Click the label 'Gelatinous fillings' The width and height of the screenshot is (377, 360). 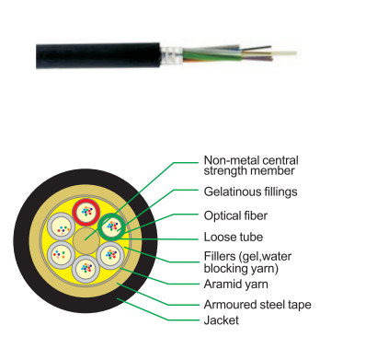click(x=250, y=192)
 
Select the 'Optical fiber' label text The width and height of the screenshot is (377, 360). click(x=235, y=215)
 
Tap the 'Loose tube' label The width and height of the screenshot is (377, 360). click(x=234, y=237)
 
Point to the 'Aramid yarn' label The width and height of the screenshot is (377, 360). click(x=235, y=285)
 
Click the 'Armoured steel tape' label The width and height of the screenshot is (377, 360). click(x=257, y=305)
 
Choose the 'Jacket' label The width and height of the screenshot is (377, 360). click(x=221, y=320)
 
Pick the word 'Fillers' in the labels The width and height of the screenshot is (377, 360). click(x=220, y=256)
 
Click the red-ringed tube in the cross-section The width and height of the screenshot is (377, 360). click(x=86, y=212)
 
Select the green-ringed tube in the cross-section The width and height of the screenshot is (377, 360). click(x=111, y=226)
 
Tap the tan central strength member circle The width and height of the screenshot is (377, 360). click(x=86, y=240)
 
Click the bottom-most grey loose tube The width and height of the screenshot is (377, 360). click(x=86, y=269)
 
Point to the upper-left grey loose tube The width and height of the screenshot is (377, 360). click(x=61, y=226)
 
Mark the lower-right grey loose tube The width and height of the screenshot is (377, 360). click(x=110, y=255)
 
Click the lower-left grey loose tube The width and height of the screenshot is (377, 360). click(x=61, y=255)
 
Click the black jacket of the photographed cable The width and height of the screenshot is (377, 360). click(x=98, y=55)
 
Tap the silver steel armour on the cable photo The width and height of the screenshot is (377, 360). click(x=172, y=55)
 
